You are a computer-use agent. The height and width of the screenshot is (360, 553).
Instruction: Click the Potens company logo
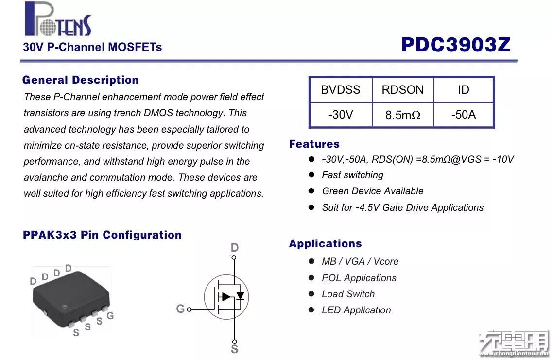(57, 20)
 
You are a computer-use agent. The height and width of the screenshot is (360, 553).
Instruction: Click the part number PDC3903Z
(455, 45)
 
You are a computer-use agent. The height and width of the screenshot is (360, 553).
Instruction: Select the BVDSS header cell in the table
(340, 90)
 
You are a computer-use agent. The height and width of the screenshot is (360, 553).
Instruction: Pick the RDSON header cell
(402, 90)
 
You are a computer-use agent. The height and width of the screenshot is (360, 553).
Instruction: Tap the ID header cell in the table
(463, 90)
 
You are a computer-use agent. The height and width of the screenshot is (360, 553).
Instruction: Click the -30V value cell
(340, 115)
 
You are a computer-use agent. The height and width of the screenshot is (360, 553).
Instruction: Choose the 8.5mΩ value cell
(402, 115)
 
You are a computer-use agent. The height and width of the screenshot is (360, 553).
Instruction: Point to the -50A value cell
(463, 115)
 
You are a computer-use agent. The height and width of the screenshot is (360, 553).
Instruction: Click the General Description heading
(81, 80)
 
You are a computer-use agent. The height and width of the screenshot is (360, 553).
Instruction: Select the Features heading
(314, 144)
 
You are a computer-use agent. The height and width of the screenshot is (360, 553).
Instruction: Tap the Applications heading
(325, 244)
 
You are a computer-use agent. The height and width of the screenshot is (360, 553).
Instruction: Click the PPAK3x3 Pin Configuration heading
(102, 235)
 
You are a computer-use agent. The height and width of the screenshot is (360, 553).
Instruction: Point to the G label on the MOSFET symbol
(180, 309)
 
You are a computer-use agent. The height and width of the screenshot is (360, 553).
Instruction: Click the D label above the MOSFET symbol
(235, 248)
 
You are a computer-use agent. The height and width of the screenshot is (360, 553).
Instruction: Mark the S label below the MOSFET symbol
(235, 349)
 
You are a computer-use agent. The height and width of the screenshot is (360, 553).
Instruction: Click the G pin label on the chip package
(110, 316)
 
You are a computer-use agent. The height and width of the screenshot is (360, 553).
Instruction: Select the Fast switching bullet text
(352, 175)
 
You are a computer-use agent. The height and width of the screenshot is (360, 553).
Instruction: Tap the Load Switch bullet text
(348, 294)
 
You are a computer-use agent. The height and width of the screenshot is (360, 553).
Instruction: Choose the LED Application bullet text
(356, 310)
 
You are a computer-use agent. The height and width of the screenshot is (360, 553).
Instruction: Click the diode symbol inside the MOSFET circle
(240, 296)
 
